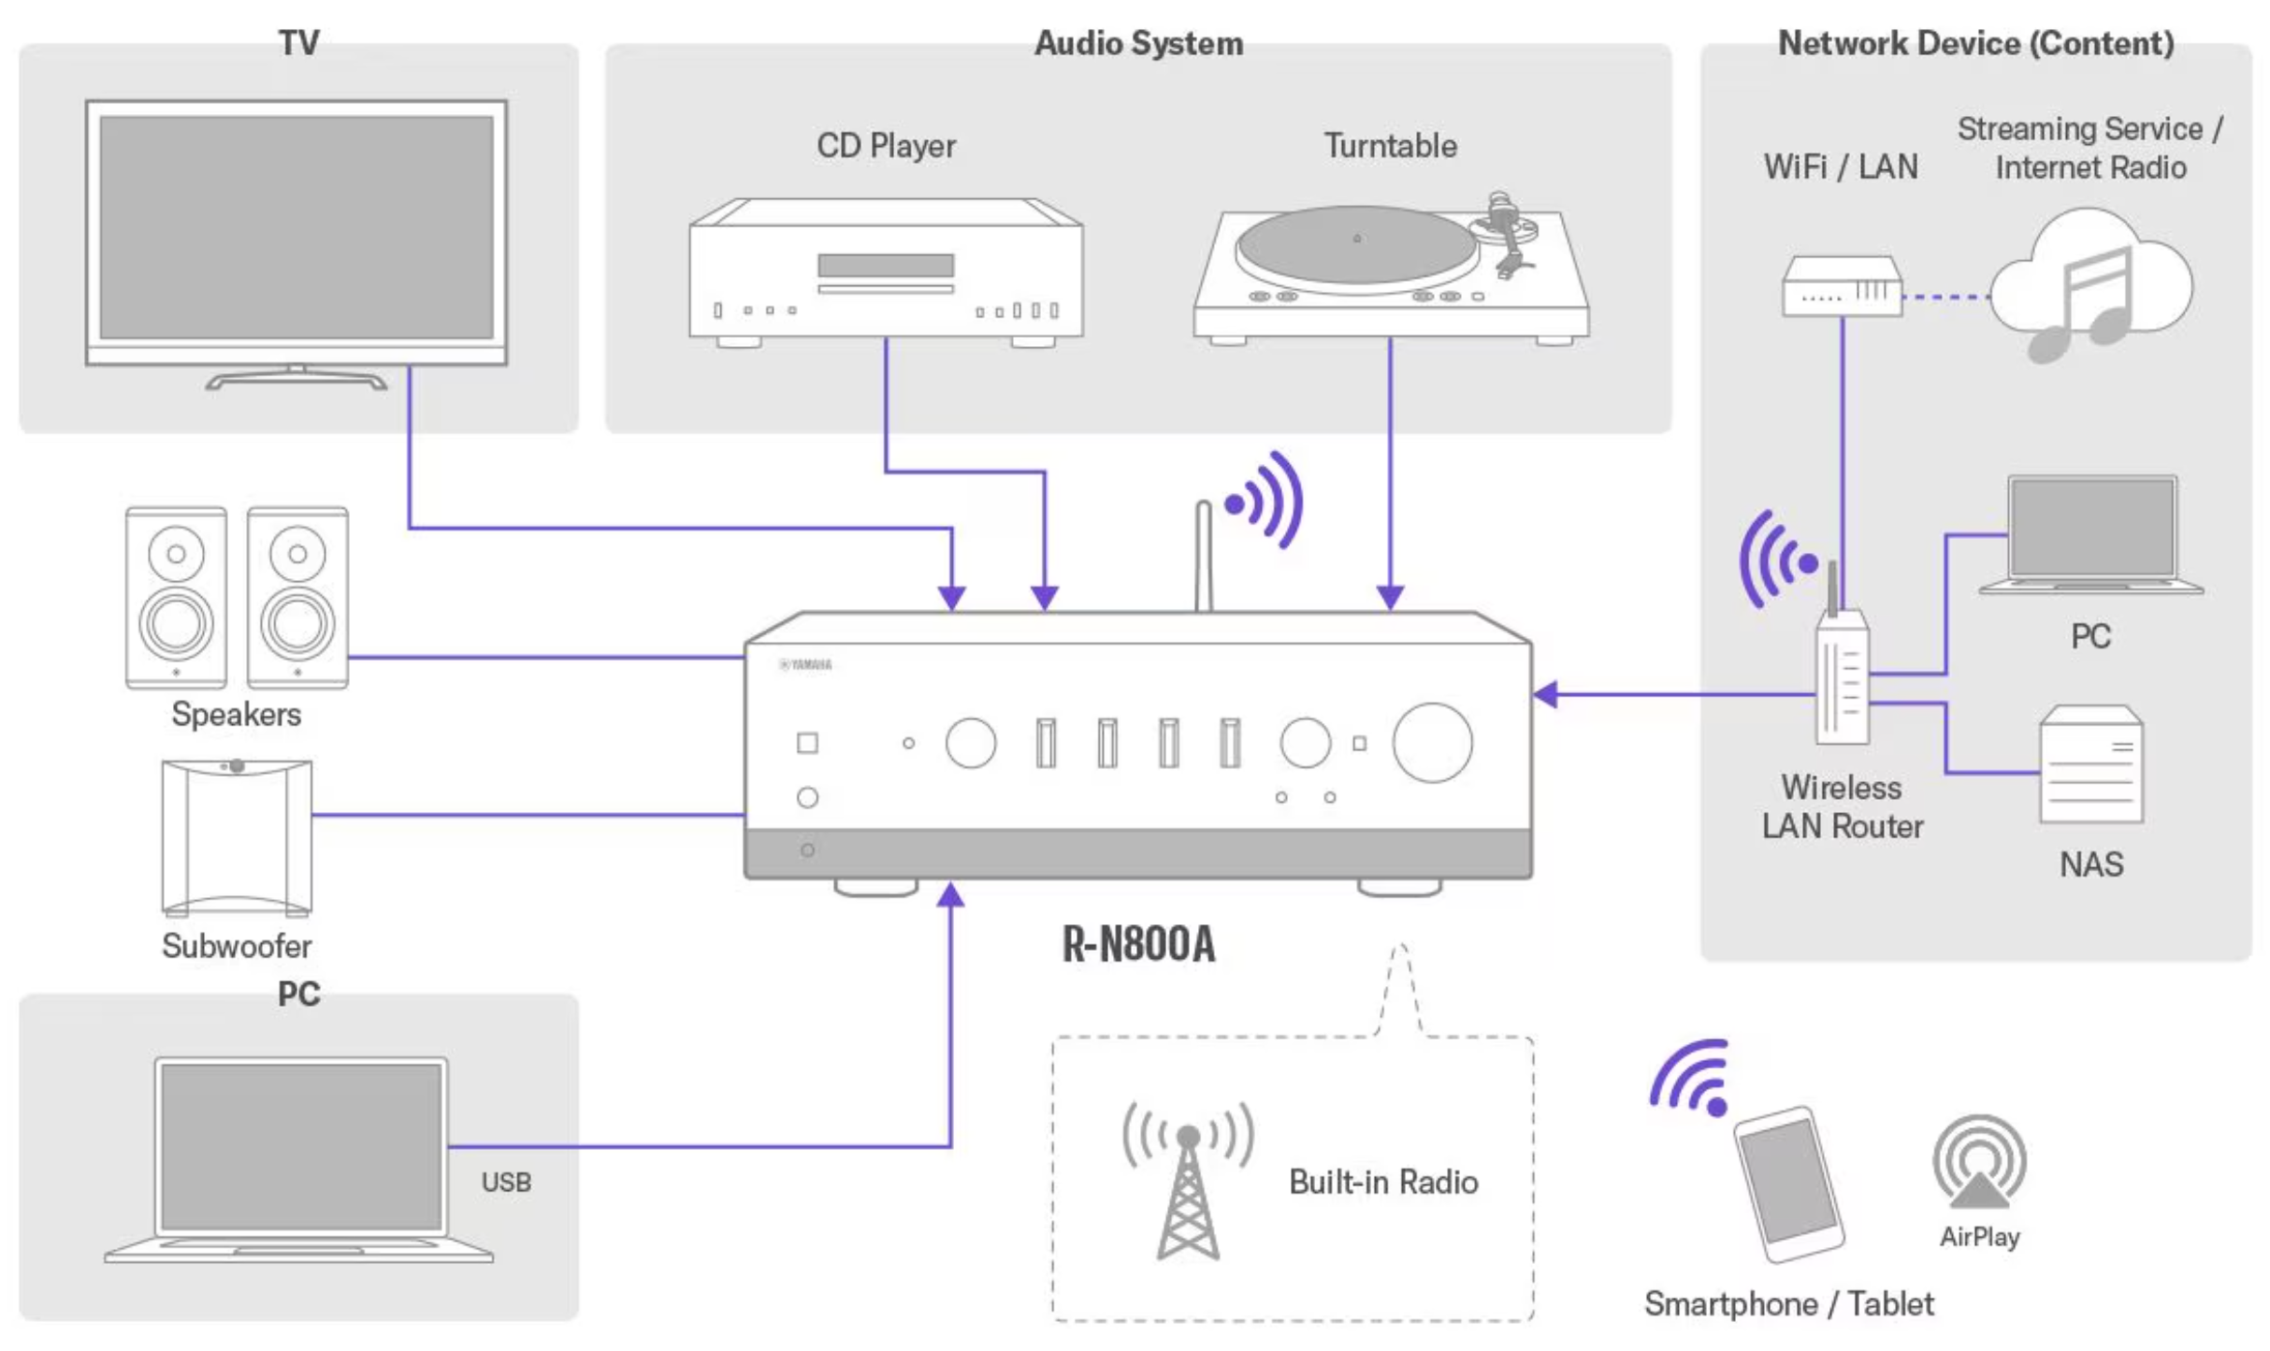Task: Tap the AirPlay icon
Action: coord(1979,1161)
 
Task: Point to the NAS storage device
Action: coord(2091,764)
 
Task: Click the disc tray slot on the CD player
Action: coord(886,265)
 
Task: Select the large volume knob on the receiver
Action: coord(1432,743)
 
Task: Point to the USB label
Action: coord(506,1182)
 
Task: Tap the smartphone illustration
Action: coord(1788,1184)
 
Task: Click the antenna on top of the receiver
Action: coord(1204,556)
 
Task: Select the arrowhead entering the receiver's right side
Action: coord(1545,694)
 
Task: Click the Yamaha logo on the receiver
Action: coord(805,665)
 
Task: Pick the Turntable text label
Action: coord(1390,146)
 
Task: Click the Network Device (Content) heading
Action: coord(1975,43)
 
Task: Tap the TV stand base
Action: coord(296,380)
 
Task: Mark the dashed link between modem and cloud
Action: coord(1946,297)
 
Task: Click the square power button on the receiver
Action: coord(807,743)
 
